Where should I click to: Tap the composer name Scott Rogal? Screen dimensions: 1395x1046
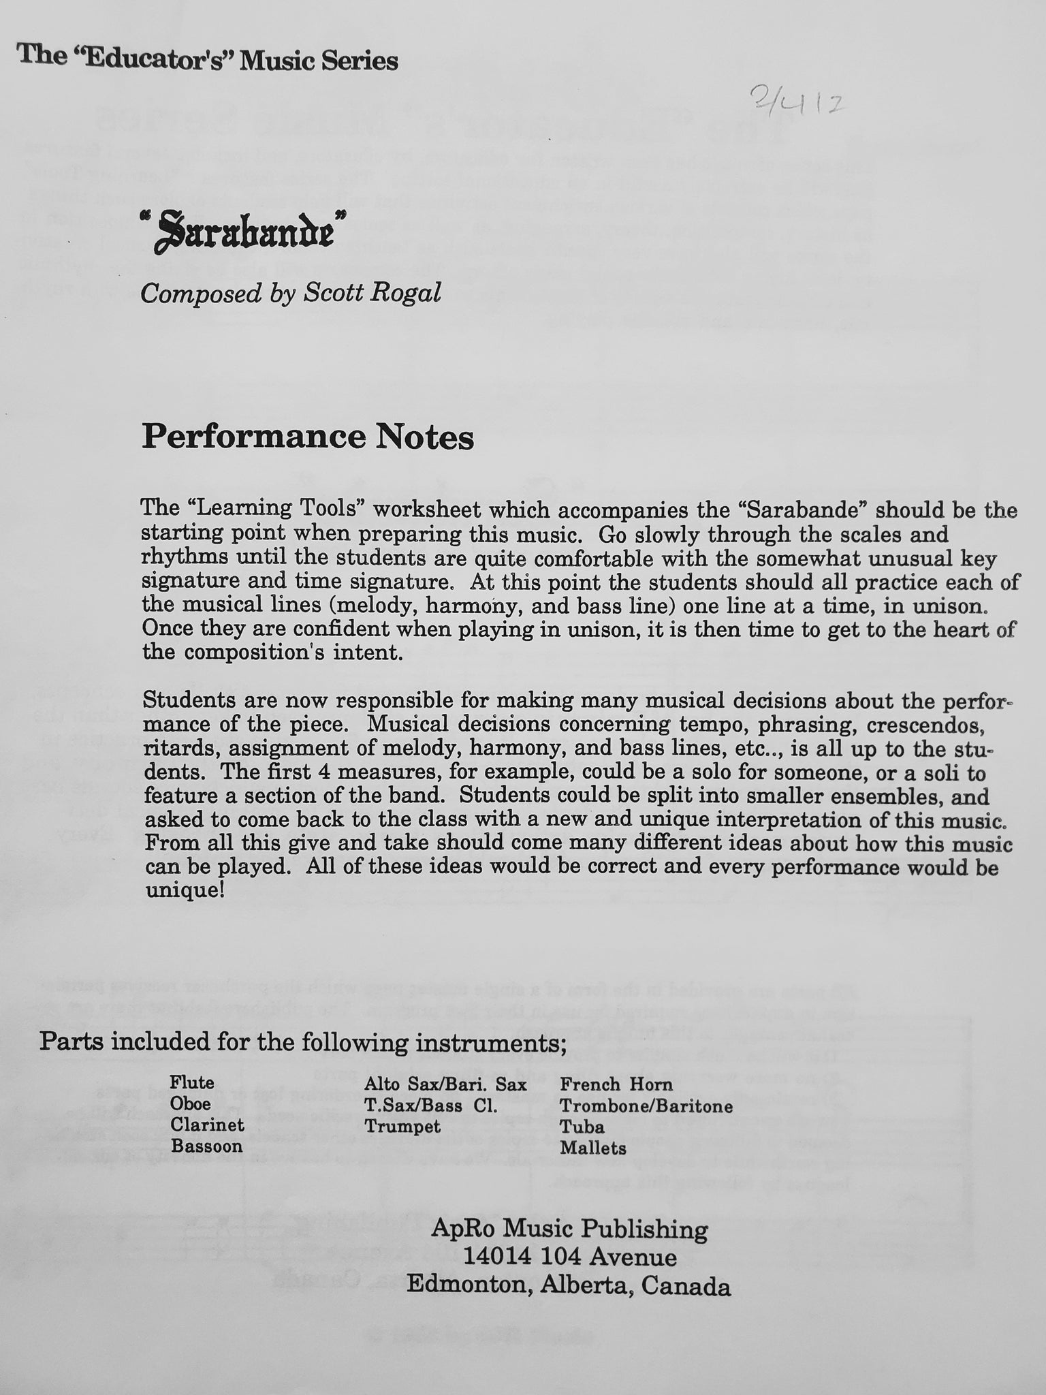point(372,293)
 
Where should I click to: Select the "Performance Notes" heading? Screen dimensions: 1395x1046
point(307,437)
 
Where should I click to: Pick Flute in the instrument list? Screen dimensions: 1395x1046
point(192,1082)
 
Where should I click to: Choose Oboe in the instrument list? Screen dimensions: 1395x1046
point(191,1103)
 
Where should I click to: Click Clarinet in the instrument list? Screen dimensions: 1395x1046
point(207,1125)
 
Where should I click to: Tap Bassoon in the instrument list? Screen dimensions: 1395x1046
point(206,1146)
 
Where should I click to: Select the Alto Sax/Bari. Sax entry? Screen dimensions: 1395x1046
point(445,1084)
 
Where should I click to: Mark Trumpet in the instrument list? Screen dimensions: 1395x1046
point(402,1126)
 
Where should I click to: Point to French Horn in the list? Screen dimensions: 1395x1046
point(616,1084)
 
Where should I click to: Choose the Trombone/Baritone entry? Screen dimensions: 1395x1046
point(646,1106)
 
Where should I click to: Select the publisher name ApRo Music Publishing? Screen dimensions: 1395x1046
point(569,1229)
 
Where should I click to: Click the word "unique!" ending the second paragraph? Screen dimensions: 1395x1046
point(185,891)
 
